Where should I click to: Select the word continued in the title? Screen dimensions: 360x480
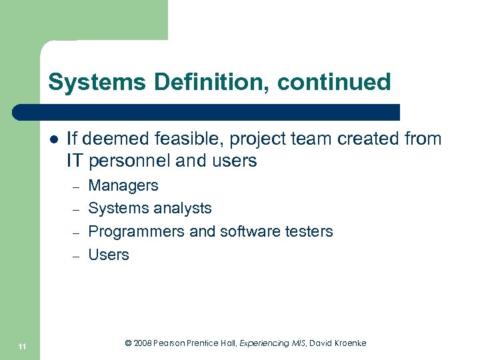point(334,83)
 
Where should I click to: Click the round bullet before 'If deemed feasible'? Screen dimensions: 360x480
point(53,139)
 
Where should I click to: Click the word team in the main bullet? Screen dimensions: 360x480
point(291,139)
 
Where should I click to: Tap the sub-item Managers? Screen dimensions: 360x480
point(123,185)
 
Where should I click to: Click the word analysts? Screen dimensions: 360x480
point(181,208)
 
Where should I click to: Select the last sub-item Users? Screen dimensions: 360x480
point(109,255)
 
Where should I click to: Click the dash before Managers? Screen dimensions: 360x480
point(76,187)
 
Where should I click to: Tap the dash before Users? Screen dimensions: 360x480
point(76,256)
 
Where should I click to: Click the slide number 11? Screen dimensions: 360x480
point(23,346)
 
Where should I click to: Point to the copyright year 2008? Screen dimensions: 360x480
point(142,343)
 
